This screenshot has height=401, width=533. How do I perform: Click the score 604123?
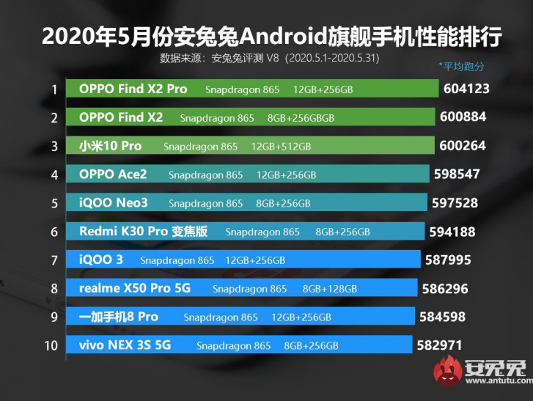(466, 89)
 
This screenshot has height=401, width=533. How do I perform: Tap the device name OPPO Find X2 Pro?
(133, 89)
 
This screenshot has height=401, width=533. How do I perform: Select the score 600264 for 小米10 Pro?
(463, 146)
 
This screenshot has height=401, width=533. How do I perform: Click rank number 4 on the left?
(54, 175)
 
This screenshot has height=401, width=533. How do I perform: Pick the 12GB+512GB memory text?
(282, 147)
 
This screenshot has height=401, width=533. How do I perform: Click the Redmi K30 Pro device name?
(144, 232)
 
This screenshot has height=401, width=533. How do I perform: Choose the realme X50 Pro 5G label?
(135, 288)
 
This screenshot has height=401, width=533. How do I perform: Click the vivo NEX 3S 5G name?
(125, 345)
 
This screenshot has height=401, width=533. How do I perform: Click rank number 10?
(51, 345)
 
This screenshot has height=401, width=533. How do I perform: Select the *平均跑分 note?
(462, 66)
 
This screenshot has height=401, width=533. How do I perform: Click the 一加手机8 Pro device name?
(119, 317)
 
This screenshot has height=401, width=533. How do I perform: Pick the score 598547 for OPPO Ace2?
(460, 174)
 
